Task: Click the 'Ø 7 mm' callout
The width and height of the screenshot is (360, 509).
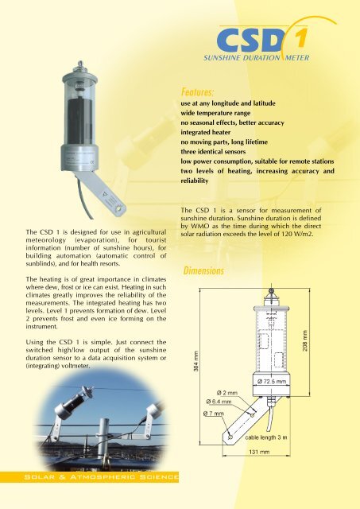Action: [x=215, y=413]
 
